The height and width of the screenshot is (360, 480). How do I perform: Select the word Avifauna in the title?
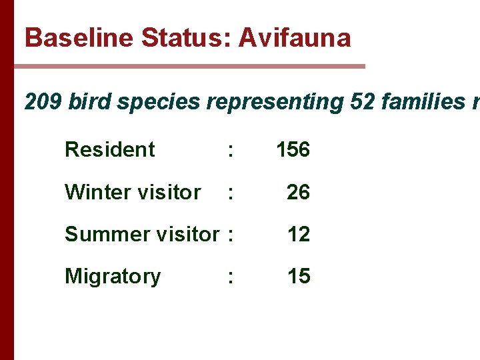coord(295,37)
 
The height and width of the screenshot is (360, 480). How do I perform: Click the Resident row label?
coord(110,149)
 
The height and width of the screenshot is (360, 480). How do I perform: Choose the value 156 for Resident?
coord(293,149)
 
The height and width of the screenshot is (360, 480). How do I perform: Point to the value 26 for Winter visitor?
coord(298,192)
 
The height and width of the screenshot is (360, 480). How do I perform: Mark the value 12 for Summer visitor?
coord(298,234)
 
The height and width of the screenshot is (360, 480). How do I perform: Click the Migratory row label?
coord(113,276)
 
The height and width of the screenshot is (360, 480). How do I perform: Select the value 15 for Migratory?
coord(298,276)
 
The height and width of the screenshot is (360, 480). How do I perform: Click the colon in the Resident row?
coord(230,151)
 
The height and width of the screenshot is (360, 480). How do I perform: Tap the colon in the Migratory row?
coord(230,277)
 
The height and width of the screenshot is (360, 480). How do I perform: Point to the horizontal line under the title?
coord(189,66)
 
